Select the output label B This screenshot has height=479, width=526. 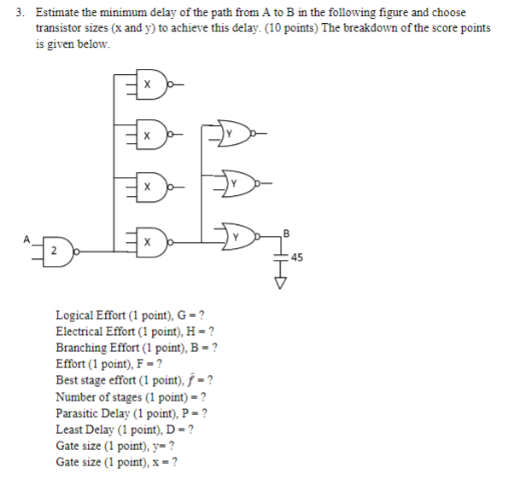pyautogui.click(x=287, y=231)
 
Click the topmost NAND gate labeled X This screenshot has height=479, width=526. pyautogui.click(x=149, y=85)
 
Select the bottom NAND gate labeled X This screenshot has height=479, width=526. pyautogui.click(x=149, y=242)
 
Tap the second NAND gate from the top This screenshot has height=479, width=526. pyautogui.click(x=149, y=135)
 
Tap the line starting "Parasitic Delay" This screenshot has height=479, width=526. pyautogui.click(x=131, y=413)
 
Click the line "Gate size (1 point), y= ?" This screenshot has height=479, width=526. pyautogui.click(x=115, y=446)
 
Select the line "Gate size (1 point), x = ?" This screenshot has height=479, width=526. pyautogui.click(x=116, y=462)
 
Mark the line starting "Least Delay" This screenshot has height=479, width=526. pyautogui.click(x=125, y=430)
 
